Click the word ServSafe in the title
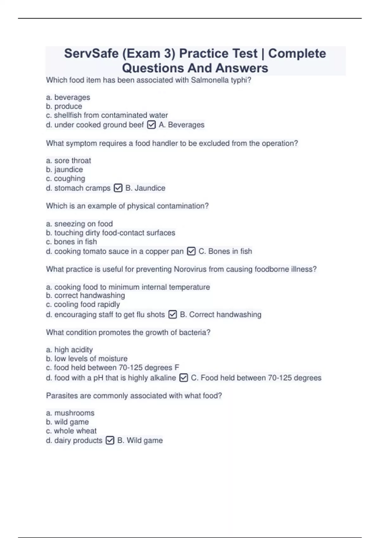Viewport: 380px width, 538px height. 91,53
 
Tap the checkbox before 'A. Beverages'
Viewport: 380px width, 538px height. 151,125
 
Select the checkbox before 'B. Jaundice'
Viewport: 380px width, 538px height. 118,188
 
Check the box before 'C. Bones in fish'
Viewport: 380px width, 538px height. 191,251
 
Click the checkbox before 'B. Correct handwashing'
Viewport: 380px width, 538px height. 173,315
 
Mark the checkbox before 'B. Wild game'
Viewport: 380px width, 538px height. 110,441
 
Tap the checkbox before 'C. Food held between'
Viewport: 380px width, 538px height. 184,378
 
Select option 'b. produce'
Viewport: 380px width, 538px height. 64,106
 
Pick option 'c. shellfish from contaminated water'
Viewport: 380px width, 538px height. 107,115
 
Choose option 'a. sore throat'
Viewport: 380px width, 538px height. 68,161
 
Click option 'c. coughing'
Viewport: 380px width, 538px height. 66,178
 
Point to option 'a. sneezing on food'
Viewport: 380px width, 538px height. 79,224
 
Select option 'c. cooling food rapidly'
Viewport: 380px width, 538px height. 83,304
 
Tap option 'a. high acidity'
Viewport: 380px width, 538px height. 69,350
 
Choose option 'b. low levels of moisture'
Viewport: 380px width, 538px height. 86,359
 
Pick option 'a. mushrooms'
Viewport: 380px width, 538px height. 70,413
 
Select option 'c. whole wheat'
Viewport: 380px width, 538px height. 71,431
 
